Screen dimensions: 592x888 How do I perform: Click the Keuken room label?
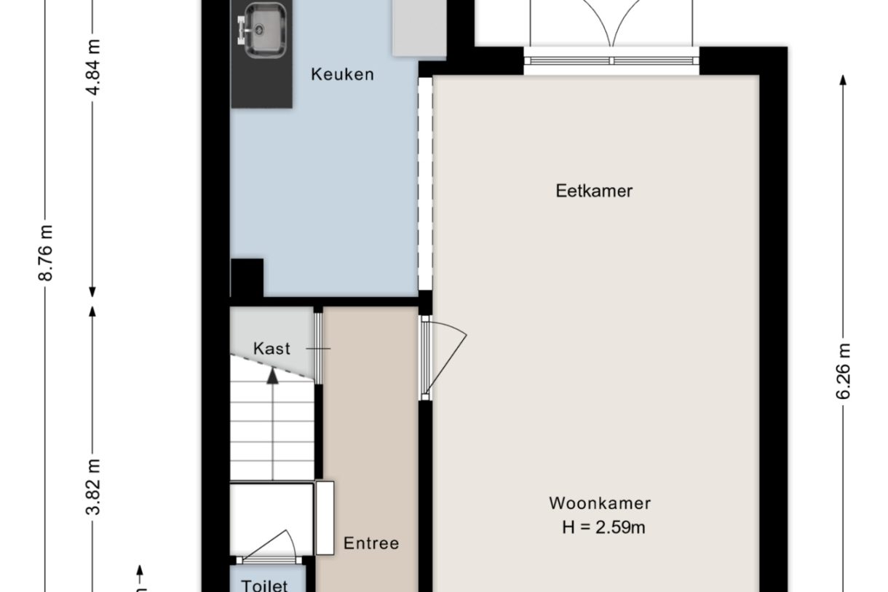tap(342, 74)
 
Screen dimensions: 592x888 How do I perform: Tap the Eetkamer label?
tap(594, 191)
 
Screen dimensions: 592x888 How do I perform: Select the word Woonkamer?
tap(600, 503)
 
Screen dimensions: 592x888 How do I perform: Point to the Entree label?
tap(371, 543)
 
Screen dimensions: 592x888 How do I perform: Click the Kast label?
tap(271, 349)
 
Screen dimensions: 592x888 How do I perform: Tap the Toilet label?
tap(264, 585)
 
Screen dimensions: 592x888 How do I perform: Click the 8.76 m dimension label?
tap(46, 253)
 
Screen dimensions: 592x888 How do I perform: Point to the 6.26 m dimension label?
tap(844, 371)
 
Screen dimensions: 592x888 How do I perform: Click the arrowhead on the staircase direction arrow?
tap(272, 375)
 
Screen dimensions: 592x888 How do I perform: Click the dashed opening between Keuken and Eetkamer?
tap(424, 182)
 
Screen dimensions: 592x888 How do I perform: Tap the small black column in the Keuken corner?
tap(247, 277)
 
